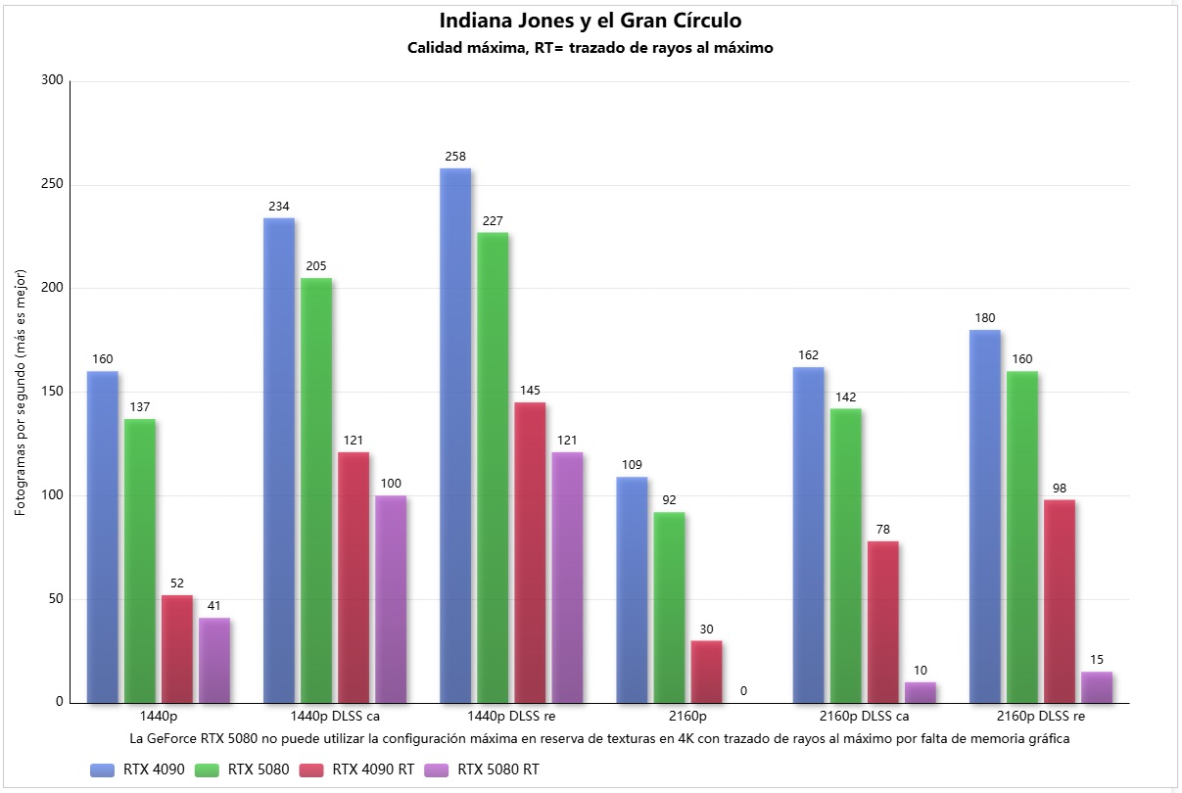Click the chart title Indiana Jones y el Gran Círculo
(x=591, y=21)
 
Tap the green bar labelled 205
(x=316, y=490)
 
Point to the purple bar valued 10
(x=920, y=692)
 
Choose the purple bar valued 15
(x=1097, y=687)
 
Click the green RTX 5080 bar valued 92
(x=669, y=607)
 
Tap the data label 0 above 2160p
(x=743, y=691)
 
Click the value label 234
(x=279, y=207)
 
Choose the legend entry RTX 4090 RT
(x=373, y=770)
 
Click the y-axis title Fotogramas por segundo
(x=21, y=392)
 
